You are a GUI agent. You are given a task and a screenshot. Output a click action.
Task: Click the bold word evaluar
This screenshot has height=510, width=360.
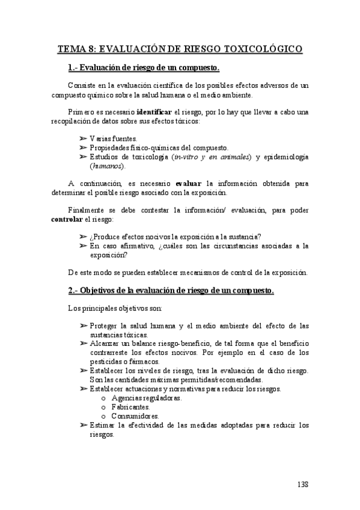191,183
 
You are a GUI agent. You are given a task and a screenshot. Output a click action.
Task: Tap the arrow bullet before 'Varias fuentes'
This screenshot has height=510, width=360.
83,138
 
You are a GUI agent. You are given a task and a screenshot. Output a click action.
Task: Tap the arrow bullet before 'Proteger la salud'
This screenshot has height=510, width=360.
83,325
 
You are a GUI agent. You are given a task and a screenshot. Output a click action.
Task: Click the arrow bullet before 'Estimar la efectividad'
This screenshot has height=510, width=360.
83,425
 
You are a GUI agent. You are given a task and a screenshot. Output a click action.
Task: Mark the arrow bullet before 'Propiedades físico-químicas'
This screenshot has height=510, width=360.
83,147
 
